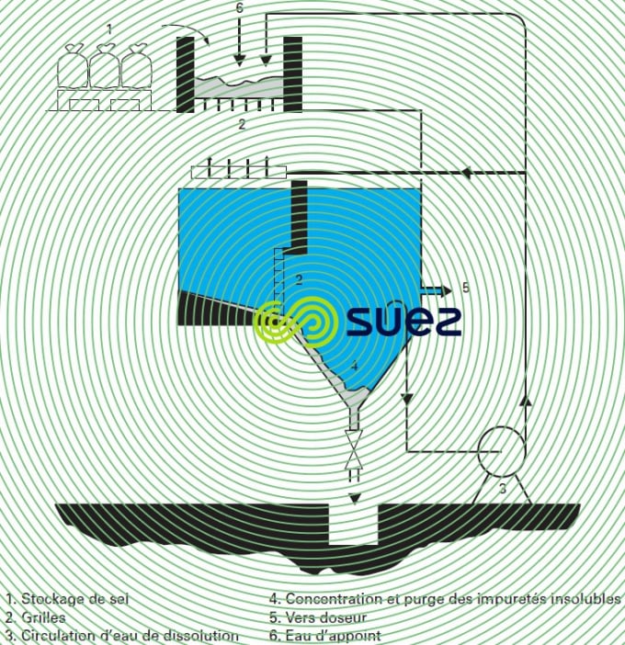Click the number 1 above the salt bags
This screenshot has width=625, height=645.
tap(108, 30)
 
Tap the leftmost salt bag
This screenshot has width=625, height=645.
tap(74, 70)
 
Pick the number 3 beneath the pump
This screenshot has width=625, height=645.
tap(503, 490)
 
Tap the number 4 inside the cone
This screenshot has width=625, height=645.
tap(354, 367)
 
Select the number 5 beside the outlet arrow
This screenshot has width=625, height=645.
tap(465, 289)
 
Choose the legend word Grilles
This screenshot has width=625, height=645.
tap(42, 617)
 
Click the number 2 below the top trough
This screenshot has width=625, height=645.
tap(241, 123)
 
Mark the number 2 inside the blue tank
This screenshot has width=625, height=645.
tap(299, 277)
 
